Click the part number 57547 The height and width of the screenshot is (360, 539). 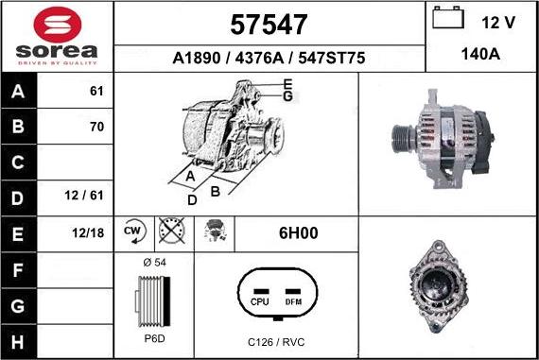point(269,24)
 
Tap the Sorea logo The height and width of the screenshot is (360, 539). point(57,38)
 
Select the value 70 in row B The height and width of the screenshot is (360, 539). point(96,127)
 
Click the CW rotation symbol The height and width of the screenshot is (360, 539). point(133,231)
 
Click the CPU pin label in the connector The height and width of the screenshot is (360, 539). point(260,301)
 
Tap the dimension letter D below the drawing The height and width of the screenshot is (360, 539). point(191,200)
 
